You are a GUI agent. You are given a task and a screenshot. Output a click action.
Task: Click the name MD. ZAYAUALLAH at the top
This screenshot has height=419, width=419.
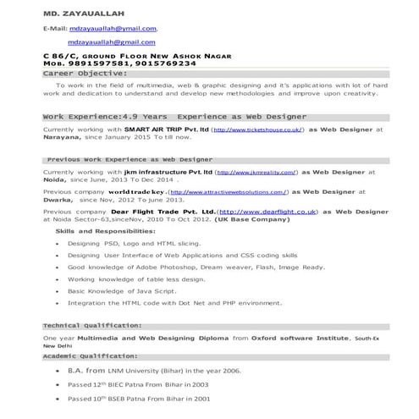click(78, 14)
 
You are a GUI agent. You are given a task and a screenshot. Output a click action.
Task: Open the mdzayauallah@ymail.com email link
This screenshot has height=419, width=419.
click(113, 29)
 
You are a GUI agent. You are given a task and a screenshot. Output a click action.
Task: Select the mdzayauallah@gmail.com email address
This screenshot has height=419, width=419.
click(112, 41)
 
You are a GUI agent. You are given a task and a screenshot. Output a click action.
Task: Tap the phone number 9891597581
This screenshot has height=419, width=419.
click(100, 63)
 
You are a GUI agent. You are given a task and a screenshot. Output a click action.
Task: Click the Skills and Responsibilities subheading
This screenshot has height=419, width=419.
click(105, 231)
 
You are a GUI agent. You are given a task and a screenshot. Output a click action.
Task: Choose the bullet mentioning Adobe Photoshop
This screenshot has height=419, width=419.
click(196, 267)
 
